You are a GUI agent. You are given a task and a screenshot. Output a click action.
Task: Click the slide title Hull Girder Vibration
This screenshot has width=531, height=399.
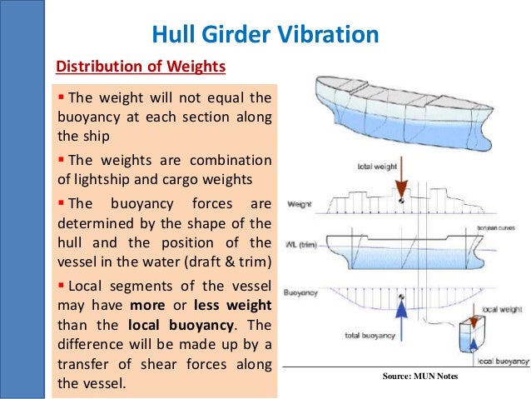point(265,34)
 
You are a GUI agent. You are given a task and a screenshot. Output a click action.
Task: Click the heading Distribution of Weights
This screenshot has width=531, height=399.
point(140,67)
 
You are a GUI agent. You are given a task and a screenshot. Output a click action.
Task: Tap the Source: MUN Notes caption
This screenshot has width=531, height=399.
point(420,376)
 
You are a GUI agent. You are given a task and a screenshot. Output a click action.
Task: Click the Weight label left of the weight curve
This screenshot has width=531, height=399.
point(297,203)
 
